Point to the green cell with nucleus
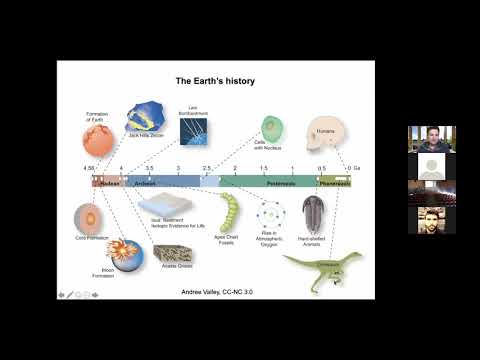tap(271, 128)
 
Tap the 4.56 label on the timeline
tap(89, 169)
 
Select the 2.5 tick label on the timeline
tap(206, 169)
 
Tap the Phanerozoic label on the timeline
tap(335, 184)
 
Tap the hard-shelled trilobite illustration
tap(311, 213)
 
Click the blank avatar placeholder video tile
tap(431, 166)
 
